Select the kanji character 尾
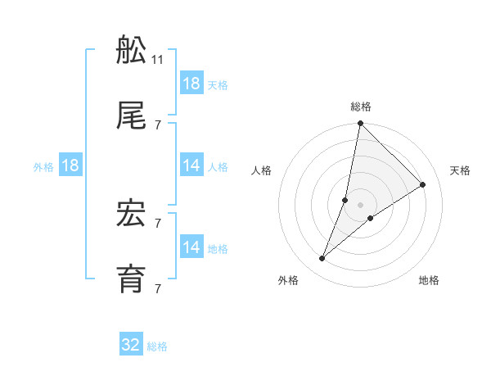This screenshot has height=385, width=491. [132, 118]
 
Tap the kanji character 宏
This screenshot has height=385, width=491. [132, 215]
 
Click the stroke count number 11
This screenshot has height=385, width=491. [158, 59]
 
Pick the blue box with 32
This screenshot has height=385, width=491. [131, 345]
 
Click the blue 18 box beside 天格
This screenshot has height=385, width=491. [191, 84]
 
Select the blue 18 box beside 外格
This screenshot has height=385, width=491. [70, 165]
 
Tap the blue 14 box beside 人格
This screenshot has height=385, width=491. [191, 165]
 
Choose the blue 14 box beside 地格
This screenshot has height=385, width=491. [191, 247]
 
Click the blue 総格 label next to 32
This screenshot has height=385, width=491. [157, 346]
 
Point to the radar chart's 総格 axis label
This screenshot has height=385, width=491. [361, 106]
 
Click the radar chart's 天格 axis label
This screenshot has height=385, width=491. [460, 170]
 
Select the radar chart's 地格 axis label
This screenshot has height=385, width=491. [429, 280]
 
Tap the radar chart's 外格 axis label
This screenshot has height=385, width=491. [288, 280]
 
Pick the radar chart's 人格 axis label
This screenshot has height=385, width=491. [262, 170]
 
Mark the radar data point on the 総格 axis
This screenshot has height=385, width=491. [360, 124]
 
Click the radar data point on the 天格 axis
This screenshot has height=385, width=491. [423, 185]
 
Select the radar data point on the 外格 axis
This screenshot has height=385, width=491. [322, 259]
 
